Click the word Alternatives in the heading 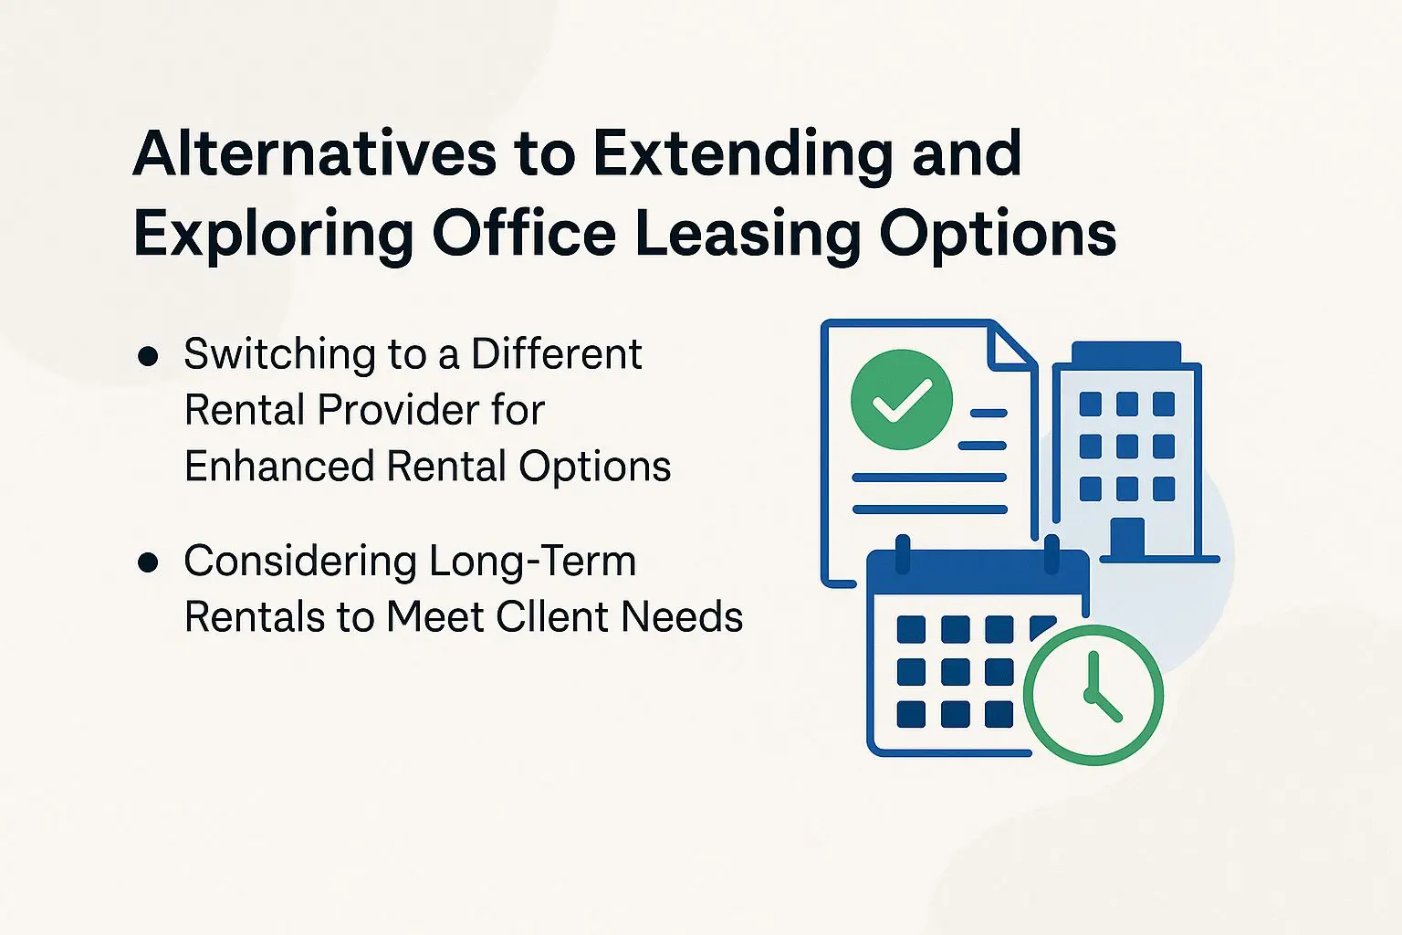click(x=314, y=153)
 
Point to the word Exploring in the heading click(x=274, y=235)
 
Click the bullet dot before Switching click(x=147, y=356)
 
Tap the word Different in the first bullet click(x=556, y=354)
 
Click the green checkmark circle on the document click(x=901, y=399)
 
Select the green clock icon click(x=1093, y=695)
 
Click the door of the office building click(x=1126, y=538)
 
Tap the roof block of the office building click(x=1126, y=352)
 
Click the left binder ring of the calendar click(x=903, y=553)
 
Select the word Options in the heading click(x=998, y=235)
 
